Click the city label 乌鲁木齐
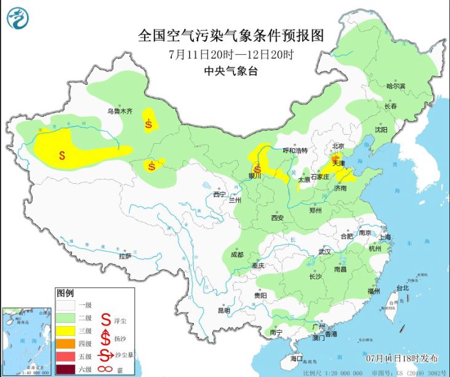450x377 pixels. coord(121,111)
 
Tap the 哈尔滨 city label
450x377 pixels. coord(396,86)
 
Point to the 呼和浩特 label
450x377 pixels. coord(294,150)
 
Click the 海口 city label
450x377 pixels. coord(297,358)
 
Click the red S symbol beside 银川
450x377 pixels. coord(257,169)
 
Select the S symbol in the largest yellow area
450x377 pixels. coord(62,155)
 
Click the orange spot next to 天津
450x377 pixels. coord(335,158)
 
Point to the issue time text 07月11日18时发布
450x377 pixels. coord(400,357)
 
